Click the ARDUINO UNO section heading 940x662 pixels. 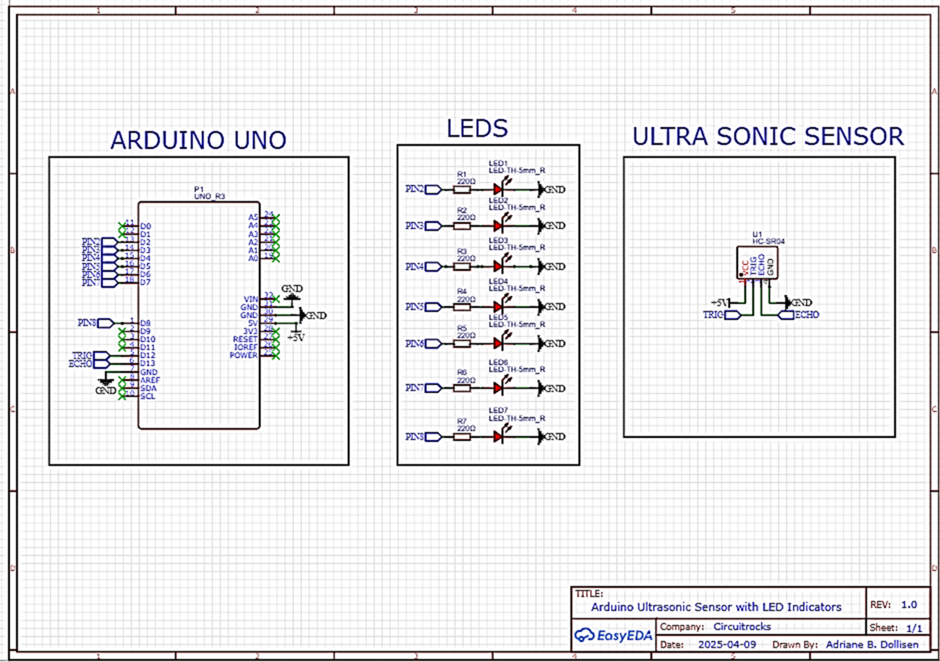tap(198, 140)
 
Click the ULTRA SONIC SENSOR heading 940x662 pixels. tap(767, 137)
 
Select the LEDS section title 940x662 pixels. tap(477, 129)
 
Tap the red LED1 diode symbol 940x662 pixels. tap(498, 190)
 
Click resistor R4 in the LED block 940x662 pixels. tap(462, 307)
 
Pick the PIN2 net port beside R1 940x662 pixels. tap(432, 190)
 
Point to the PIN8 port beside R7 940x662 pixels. tap(432, 437)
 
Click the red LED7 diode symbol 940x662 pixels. tap(498, 437)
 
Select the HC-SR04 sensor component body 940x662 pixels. tap(757, 263)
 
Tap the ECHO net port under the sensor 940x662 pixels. tap(786, 315)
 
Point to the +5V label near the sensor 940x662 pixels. tap(719, 303)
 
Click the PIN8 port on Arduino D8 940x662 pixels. tap(105, 323)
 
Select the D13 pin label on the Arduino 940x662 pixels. tap(147, 363)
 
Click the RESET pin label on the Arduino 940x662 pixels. tap(245, 339)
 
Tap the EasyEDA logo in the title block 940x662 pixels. tap(613, 636)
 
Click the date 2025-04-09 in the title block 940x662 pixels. tap(726, 644)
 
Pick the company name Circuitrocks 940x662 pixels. tap(742, 626)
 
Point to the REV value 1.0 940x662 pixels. tap(909, 604)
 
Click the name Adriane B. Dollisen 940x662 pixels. tap(871, 644)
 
